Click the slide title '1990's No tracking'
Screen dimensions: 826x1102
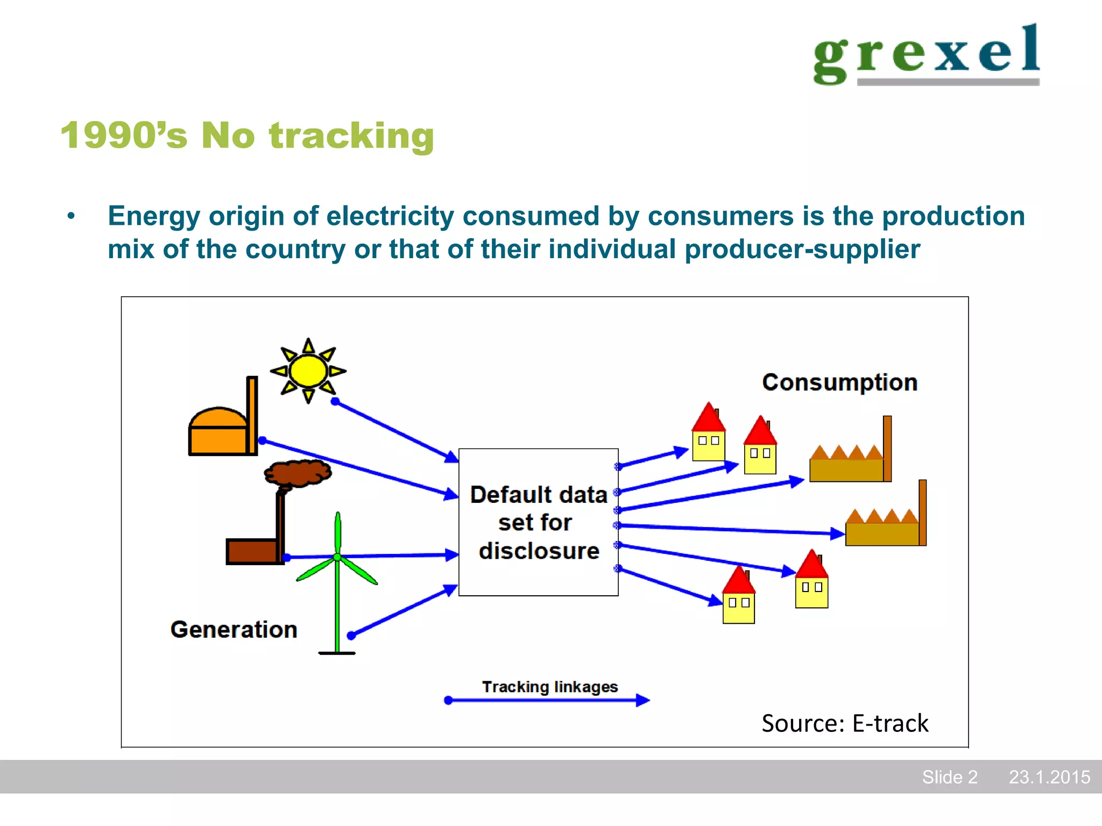(247, 135)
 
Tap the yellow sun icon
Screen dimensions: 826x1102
(308, 371)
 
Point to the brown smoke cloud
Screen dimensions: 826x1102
(298, 473)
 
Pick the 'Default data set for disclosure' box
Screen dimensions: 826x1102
(538, 522)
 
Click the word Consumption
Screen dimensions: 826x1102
(839, 382)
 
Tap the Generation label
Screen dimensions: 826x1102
(234, 629)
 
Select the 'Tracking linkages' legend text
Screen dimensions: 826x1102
(549, 687)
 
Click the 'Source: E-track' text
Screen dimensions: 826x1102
(845, 723)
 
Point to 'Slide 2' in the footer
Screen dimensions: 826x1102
(949, 777)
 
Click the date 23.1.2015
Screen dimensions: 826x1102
(1049, 777)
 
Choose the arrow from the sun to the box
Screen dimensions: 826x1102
(395, 431)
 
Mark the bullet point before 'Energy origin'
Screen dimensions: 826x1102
(71, 217)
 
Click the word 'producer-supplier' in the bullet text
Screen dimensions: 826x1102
(802, 250)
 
